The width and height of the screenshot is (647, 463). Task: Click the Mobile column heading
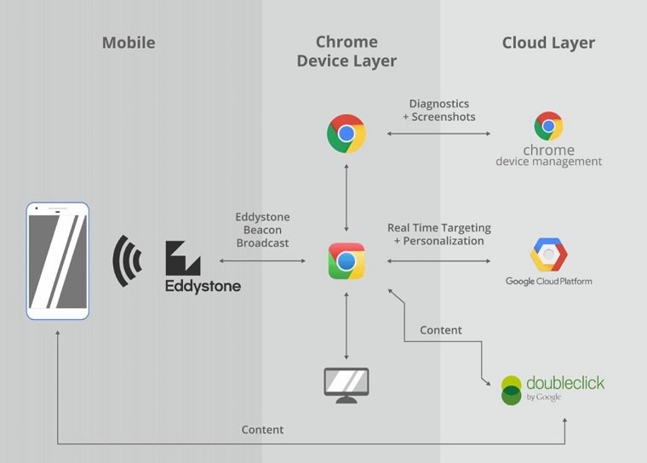(x=129, y=43)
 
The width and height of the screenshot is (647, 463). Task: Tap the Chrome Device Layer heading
(x=346, y=52)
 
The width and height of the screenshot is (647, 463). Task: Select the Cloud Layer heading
(x=548, y=43)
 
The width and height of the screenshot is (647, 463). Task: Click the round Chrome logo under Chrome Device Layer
(x=346, y=134)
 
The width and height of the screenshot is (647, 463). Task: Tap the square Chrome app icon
(x=346, y=260)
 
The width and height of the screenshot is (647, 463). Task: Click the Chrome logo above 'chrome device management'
(x=548, y=126)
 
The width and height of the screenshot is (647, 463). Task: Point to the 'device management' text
(x=549, y=162)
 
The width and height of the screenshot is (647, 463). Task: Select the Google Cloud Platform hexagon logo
(x=548, y=254)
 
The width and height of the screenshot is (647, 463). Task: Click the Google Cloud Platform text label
(x=549, y=282)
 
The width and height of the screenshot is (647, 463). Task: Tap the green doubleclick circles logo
(x=512, y=390)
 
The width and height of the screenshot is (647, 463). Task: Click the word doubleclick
(x=565, y=383)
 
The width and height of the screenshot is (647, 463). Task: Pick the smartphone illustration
(x=58, y=260)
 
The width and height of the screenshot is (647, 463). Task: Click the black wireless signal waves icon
(x=127, y=260)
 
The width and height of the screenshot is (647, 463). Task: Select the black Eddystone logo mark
(x=183, y=259)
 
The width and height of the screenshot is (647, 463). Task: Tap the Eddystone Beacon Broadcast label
(x=262, y=230)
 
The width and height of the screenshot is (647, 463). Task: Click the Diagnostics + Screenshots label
(x=439, y=110)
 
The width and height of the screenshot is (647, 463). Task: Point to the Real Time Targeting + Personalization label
(x=439, y=234)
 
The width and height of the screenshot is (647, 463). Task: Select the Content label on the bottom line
(x=262, y=430)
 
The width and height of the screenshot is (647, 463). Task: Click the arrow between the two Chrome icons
(x=346, y=198)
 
